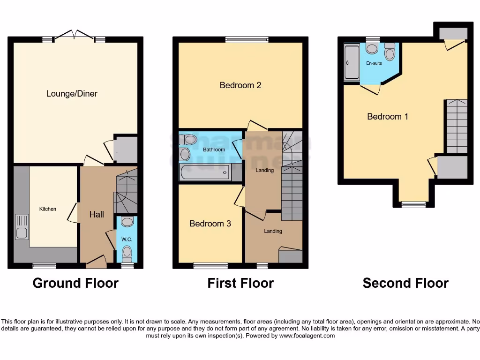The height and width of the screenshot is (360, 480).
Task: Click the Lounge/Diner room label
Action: [x=72, y=94]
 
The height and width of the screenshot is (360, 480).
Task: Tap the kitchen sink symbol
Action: [x=22, y=226]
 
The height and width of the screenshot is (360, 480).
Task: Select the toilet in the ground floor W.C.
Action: [x=127, y=254]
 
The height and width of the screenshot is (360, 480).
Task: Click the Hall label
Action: [x=97, y=214]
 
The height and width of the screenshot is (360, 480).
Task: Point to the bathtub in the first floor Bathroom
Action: [x=204, y=172]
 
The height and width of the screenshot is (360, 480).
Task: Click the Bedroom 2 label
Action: [x=240, y=85]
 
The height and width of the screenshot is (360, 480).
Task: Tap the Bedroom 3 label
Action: [x=210, y=224]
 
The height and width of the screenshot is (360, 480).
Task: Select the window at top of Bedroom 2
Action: [x=247, y=40]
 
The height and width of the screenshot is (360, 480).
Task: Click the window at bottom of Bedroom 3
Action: [x=210, y=266]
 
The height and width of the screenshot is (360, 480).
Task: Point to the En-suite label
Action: [x=374, y=63]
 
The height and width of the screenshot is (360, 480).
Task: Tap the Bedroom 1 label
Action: [x=387, y=116]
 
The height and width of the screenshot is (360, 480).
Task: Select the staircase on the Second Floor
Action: [x=456, y=126]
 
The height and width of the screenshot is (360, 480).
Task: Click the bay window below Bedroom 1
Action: [x=413, y=204]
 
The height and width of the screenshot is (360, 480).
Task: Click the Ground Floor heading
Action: [x=75, y=283]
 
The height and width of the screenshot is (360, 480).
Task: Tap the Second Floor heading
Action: [x=405, y=283]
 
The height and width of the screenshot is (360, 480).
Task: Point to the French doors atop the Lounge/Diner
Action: [x=74, y=36]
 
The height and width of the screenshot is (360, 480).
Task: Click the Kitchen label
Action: [x=47, y=209]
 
